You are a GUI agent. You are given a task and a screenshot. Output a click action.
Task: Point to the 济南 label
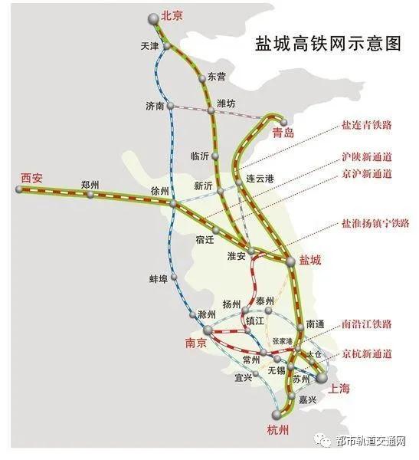[155, 105]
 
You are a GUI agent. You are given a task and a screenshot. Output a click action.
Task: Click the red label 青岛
[283, 133]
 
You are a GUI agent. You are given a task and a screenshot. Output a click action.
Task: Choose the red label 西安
[32, 177]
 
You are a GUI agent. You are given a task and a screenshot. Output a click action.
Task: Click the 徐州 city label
[160, 191]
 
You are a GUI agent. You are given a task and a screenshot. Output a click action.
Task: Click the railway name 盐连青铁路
[367, 124]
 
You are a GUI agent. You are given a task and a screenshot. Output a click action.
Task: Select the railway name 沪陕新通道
[366, 156]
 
